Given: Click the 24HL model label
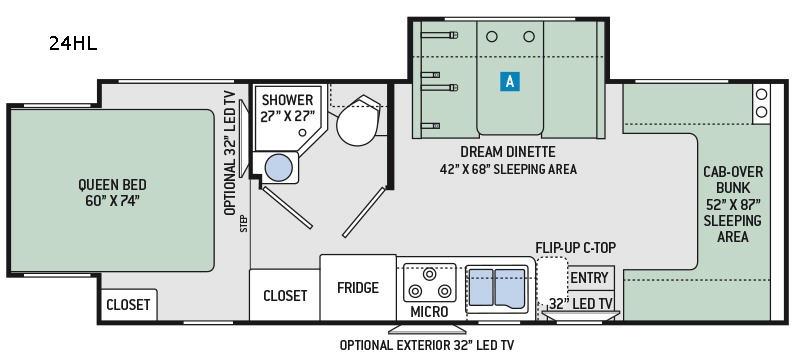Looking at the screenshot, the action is [73, 44].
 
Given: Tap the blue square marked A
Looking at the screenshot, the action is [510, 81].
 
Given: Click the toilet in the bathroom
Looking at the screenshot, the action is [359, 121].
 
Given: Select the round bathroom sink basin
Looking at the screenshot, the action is [279, 168].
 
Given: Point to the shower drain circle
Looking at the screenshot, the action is [302, 132].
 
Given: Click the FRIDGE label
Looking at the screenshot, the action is [358, 287].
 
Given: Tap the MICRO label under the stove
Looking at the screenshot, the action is [429, 311].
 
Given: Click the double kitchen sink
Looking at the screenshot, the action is [497, 288].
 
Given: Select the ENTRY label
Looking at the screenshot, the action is [589, 278].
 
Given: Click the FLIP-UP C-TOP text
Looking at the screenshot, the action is [575, 248].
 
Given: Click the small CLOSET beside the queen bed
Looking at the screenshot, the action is [128, 305].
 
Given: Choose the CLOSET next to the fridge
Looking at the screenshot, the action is [285, 296].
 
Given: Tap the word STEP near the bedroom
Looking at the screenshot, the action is [243, 223].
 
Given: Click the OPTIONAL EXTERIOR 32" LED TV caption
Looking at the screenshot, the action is [427, 345].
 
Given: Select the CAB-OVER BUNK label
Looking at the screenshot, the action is [732, 179].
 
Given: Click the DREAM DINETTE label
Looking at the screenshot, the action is [507, 152].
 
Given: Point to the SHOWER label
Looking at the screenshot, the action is [287, 100].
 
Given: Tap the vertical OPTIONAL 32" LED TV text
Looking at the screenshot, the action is [230, 153].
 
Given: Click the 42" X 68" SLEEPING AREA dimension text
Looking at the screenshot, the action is [508, 169].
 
